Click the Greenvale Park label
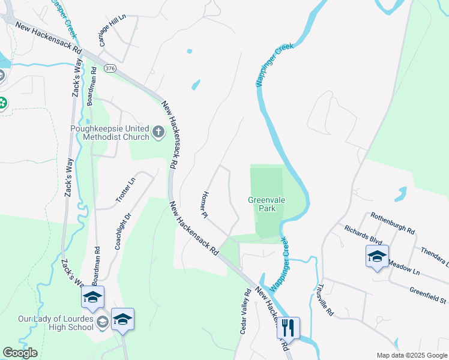point(262,204)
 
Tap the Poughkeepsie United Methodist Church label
point(109,133)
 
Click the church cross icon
point(158,131)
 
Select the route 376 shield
point(109,68)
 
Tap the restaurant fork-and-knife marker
point(288,328)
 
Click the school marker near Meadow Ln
point(377,257)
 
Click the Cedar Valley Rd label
point(245,311)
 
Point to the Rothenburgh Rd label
point(393,223)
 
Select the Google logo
point(20,353)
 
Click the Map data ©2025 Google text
point(411,355)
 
